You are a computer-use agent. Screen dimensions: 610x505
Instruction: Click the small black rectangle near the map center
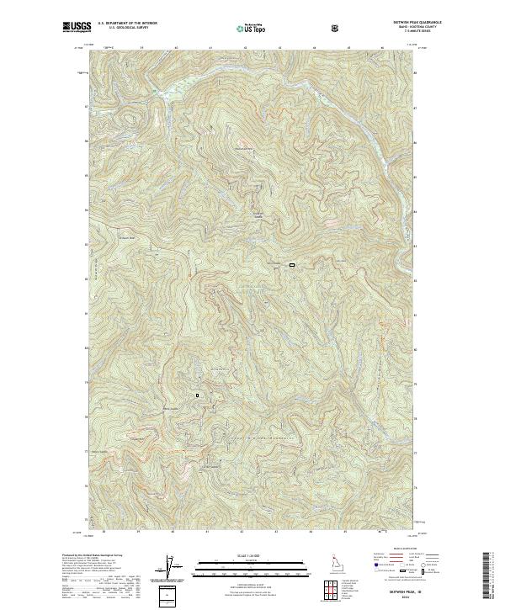pyautogui.click(x=292, y=266)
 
